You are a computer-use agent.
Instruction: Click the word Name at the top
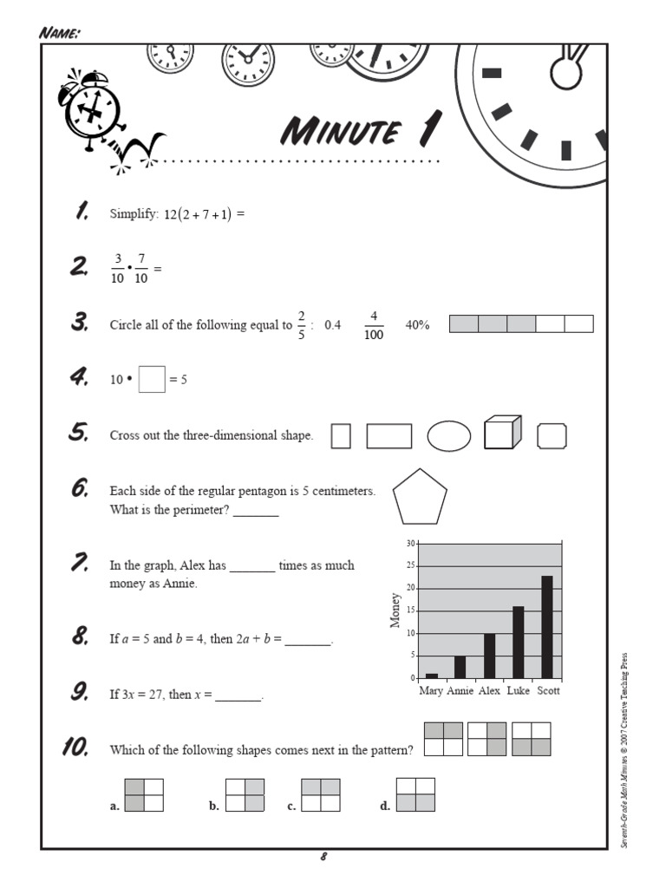[60, 33]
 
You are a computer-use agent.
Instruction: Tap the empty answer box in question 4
[151, 380]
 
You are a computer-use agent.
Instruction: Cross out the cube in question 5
[502, 433]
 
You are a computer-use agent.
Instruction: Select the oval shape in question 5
[449, 436]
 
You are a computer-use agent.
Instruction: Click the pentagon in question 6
[420, 498]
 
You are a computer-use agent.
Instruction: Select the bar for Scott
[546, 626]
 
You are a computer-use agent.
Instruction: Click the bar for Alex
[489, 655]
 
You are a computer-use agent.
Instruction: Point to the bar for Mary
[432, 675]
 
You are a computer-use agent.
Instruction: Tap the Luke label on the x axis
[518, 691]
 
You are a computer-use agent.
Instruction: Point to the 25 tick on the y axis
[410, 565]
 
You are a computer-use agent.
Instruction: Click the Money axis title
[396, 610]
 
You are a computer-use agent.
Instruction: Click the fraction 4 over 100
[374, 326]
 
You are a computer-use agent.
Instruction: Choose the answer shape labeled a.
[144, 796]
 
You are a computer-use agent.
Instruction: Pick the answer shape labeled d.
[415, 795]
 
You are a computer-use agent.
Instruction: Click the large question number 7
[80, 564]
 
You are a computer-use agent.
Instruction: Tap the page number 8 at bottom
[323, 858]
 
